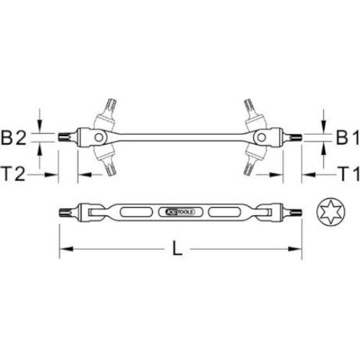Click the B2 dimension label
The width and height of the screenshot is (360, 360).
22,136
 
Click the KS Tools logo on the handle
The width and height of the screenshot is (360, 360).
179,213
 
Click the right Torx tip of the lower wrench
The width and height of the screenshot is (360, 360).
296,213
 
